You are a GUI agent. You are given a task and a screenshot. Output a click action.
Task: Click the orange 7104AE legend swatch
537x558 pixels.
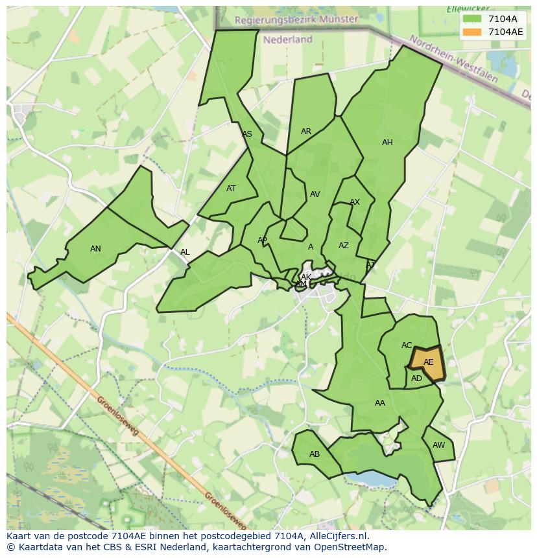coord(472,32)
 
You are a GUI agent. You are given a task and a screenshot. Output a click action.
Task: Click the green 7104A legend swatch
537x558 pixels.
coord(472,19)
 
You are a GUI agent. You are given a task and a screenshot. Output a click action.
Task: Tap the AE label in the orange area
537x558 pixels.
coord(428,362)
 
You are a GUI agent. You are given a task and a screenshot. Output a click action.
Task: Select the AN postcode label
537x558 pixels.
coord(95,249)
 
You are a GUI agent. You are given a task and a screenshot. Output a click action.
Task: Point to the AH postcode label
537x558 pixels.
coord(387,143)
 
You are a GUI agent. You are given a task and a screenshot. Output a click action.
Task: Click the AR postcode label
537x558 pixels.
coord(306,132)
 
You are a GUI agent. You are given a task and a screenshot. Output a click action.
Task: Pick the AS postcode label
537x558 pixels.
coord(247,135)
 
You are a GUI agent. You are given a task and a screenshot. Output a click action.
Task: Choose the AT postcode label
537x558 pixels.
coord(231,189)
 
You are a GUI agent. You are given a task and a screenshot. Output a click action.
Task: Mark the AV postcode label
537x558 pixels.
coord(315,194)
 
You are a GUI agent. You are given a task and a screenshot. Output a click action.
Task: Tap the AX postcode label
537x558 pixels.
coord(355,203)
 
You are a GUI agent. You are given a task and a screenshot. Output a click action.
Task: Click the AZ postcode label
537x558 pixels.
coord(344,246)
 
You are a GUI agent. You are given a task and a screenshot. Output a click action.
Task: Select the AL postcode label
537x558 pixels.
coord(185,253)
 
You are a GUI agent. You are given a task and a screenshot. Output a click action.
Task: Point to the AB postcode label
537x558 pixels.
coord(315,454)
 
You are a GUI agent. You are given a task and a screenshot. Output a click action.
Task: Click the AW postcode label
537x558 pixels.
coord(438,445)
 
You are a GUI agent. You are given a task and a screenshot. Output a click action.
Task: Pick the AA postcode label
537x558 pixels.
coord(380,403)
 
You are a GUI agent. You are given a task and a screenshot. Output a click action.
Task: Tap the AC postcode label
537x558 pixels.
coord(407,345)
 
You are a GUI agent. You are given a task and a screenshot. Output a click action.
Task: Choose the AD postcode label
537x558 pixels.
coord(416,378)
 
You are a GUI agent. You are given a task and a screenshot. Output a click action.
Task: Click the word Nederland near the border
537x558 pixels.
coord(288,40)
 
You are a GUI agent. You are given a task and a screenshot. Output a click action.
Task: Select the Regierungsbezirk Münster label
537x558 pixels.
coord(296,19)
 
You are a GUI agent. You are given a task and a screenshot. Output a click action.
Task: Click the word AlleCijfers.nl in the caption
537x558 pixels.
coord(337,537)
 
